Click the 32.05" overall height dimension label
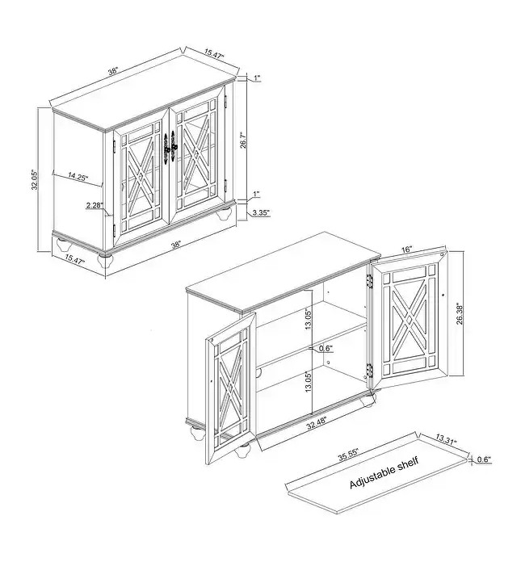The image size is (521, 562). [x=34, y=179]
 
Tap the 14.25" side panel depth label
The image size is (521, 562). [x=78, y=177]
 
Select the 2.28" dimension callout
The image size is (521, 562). [x=95, y=205]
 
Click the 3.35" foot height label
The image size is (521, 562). [x=261, y=212]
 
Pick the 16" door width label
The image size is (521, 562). [x=406, y=250]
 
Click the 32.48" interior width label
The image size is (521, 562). [x=317, y=426]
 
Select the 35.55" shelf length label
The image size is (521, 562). [x=348, y=455]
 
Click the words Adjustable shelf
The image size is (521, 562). [x=384, y=472]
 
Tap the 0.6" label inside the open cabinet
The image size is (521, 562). [x=326, y=348]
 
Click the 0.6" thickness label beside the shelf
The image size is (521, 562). [x=483, y=459]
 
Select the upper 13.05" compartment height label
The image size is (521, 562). [x=309, y=319]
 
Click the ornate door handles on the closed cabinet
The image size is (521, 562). [x=170, y=147]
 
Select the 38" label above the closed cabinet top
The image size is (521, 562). [x=113, y=71]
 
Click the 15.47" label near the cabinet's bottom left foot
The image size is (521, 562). [x=74, y=259]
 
